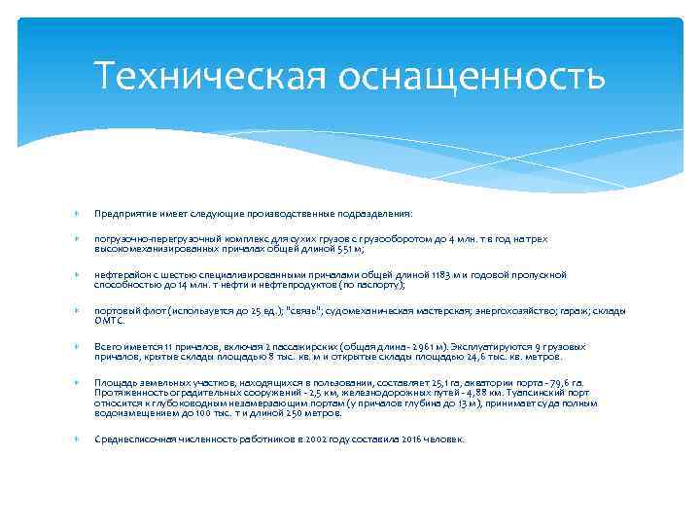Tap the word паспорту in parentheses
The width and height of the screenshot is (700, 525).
coord(380,285)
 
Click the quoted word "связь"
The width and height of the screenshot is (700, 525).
coord(303,312)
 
